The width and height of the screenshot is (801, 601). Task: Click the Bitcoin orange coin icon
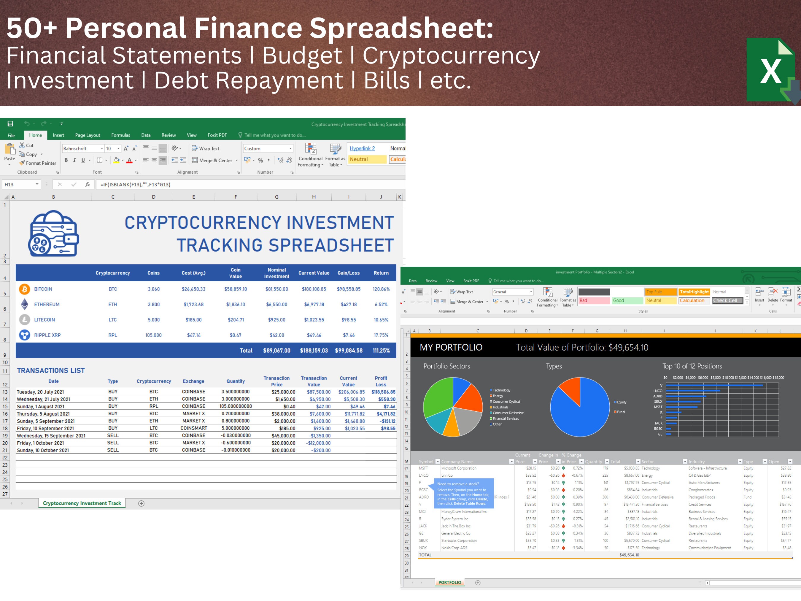point(25,289)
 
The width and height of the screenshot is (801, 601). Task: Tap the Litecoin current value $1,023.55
point(314,320)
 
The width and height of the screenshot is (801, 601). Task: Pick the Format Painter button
point(38,163)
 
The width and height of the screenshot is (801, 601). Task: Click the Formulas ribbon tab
point(120,135)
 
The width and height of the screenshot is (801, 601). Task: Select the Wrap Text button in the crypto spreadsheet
point(206,148)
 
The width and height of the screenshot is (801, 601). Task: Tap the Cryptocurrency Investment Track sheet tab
point(82,503)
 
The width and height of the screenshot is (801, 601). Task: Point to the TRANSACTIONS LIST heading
point(51,370)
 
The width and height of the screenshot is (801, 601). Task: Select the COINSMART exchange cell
point(194,428)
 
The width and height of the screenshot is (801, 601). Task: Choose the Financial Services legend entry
point(506,418)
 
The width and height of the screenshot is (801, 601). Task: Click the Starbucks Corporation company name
point(459,540)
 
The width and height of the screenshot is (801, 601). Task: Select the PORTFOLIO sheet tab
point(450,583)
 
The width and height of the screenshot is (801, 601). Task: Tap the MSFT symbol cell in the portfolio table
point(423,468)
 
